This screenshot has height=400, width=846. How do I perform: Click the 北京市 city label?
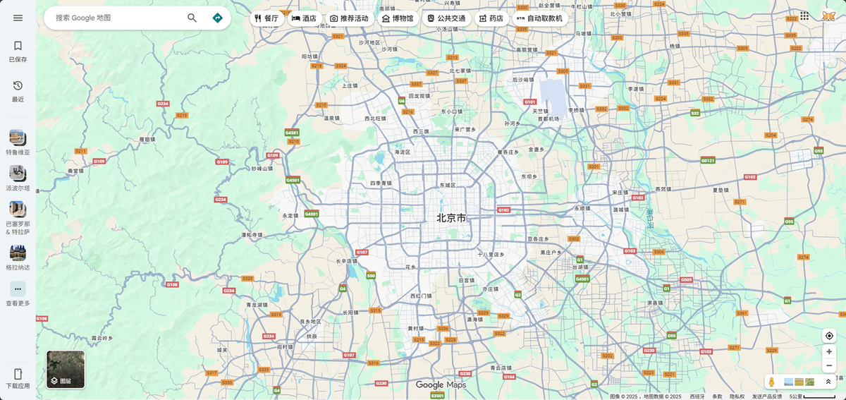[451, 218]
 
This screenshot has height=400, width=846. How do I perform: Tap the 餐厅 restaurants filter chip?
[266, 18]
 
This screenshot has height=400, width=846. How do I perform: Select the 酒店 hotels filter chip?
[304, 18]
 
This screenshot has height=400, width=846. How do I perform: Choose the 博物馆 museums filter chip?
[398, 18]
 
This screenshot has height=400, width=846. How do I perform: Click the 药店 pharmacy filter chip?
[491, 18]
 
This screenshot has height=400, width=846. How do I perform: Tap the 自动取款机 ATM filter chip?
[539, 18]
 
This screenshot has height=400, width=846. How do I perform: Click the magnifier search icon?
[192, 18]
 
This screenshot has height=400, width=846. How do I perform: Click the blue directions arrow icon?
[217, 18]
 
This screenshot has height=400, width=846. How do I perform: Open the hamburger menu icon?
[18, 18]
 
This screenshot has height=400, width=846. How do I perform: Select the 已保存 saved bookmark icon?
[18, 46]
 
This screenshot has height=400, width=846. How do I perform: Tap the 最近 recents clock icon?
[18, 85]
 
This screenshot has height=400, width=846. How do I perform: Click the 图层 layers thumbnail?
[66, 370]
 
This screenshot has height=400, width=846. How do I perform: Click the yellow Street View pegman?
[772, 382]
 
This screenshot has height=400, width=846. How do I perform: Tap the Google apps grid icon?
[804, 16]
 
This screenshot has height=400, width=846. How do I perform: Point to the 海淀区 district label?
[403, 152]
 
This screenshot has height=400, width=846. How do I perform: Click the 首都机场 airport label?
[548, 119]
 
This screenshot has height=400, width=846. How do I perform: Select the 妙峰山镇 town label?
[262, 169]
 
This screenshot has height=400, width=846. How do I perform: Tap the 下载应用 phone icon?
[18, 374]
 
